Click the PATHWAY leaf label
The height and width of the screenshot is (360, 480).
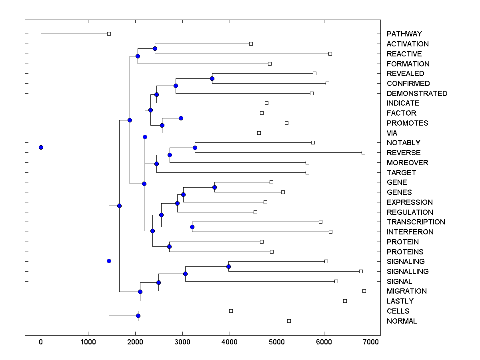[404, 34]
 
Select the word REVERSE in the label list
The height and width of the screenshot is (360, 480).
[404, 153]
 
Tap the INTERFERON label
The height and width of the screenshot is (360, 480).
[410, 232]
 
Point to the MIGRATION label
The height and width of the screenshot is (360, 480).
[406, 291]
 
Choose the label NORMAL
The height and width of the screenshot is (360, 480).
[402, 321]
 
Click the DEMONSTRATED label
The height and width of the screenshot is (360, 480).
[417, 94]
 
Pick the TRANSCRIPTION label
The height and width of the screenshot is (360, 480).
[416, 222]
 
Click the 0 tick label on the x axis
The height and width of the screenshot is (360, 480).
[41, 342]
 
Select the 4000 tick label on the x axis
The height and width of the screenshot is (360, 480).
[230, 342]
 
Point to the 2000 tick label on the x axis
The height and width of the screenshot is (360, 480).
[135, 342]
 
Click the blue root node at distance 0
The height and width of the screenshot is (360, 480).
[41, 147]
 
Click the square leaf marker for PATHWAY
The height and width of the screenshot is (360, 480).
[109, 34]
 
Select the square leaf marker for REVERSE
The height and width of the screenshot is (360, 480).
[363, 152]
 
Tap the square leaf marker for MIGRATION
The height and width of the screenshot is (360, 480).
[364, 291]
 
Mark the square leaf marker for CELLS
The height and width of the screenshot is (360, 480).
[231, 311]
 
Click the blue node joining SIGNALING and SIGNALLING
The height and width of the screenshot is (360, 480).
[229, 266]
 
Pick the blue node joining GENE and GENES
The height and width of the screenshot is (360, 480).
[214, 187]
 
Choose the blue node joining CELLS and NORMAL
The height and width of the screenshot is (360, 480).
[138, 316]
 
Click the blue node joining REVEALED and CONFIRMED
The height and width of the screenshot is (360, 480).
[212, 78]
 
